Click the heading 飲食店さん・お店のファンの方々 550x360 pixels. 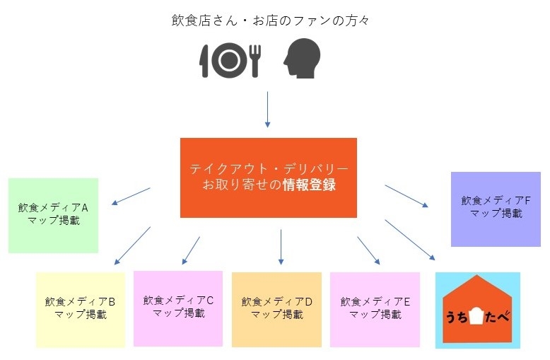(x=270, y=21)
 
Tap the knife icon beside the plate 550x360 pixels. (x=204, y=61)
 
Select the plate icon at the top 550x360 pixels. (x=230, y=60)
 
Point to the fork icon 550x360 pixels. (x=255, y=61)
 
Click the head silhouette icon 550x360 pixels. (x=302, y=58)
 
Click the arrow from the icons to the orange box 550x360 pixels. (x=268, y=110)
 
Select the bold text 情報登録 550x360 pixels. (x=310, y=185)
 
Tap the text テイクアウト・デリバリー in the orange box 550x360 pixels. (x=269, y=169)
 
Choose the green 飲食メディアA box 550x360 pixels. (x=53, y=216)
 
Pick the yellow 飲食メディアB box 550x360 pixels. (x=81, y=310)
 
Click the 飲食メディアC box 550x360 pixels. (x=178, y=309)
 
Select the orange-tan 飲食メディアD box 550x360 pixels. (x=276, y=310)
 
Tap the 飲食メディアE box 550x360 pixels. (x=375, y=310)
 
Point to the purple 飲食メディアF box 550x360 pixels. (x=496, y=209)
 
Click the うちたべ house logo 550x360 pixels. (x=478, y=310)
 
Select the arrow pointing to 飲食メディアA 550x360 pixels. (x=131, y=196)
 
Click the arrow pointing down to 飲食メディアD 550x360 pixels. (x=281, y=247)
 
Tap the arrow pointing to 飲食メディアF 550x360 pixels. (x=406, y=196)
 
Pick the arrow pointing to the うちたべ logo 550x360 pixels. (x=410, y=240)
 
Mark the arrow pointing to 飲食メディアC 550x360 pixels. (x=191, y=250)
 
